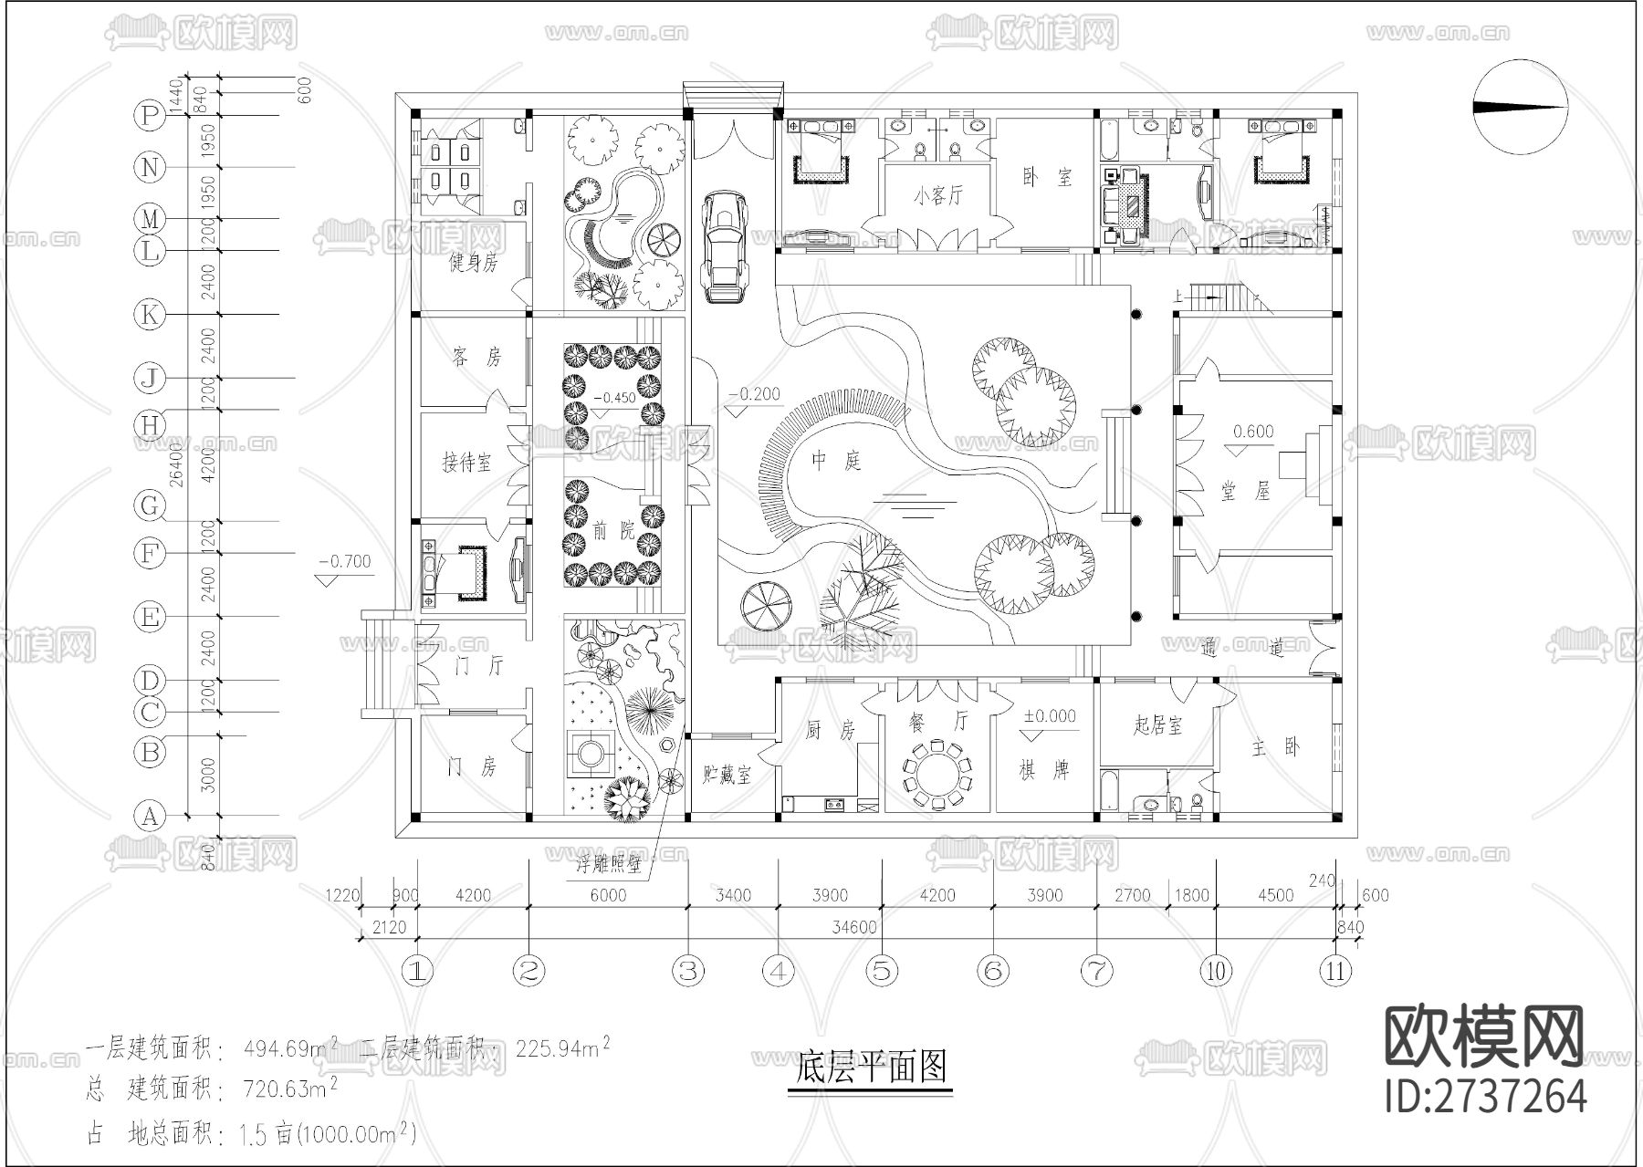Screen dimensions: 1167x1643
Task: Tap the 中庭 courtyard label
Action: (837, 461)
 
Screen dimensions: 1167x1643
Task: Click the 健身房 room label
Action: (473, 263)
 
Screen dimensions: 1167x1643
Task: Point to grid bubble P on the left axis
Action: (149, 115)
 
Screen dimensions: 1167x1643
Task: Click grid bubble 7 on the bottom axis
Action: (1096, 971)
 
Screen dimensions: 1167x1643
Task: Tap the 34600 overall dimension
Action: (854, 928)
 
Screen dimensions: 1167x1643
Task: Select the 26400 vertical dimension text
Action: (177, 464)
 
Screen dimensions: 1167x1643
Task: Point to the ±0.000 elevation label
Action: (1049, 716)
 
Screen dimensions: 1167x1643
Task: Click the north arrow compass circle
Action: (1521, 107)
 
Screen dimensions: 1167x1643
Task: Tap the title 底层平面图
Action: (871, 1067)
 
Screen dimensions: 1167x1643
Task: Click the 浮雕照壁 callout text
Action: (608, 864)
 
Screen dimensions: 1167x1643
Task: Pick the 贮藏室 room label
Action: (727, 776)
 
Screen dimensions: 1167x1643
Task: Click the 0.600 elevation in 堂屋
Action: (1253, 432)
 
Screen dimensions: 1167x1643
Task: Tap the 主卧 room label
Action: (1276, 747)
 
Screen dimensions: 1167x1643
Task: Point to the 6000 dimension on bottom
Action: (608, 895)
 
